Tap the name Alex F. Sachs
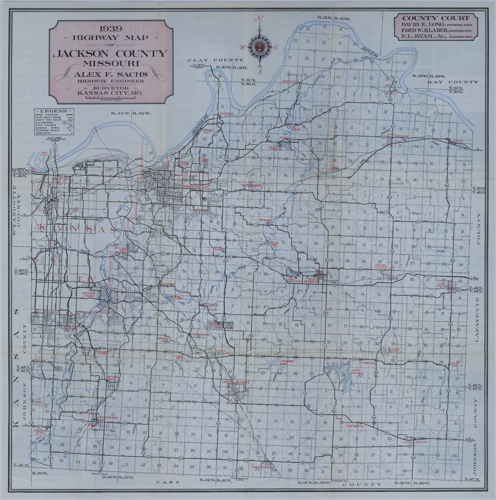coord(110,75)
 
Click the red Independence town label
coord(195,187)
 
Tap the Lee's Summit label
coord(236,382)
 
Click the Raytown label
coord(168,284)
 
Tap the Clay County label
coord(216,60)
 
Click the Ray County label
coord(452,82)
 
